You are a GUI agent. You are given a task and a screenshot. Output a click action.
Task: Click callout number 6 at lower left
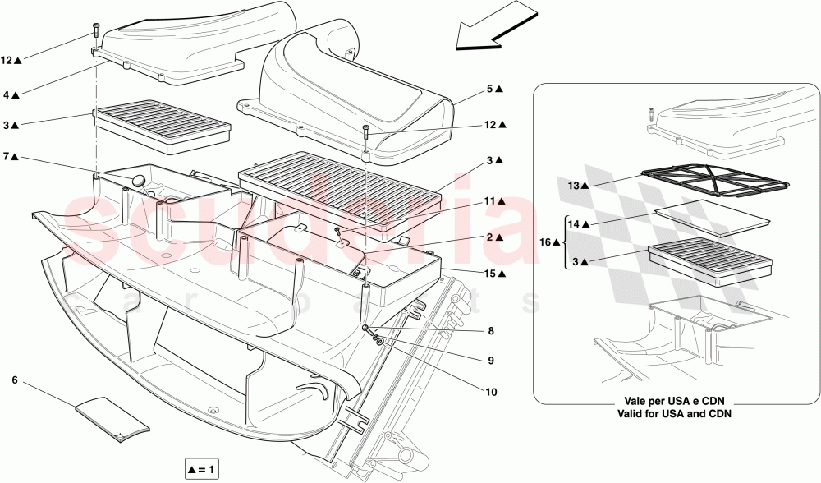15,380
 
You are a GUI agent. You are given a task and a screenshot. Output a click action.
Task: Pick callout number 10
491,392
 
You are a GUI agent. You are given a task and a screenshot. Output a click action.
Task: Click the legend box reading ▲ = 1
201,469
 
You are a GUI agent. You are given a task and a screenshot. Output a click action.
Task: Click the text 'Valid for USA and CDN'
675,414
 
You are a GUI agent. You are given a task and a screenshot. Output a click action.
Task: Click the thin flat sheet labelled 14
713,217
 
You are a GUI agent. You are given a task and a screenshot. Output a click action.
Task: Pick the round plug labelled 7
138,180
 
